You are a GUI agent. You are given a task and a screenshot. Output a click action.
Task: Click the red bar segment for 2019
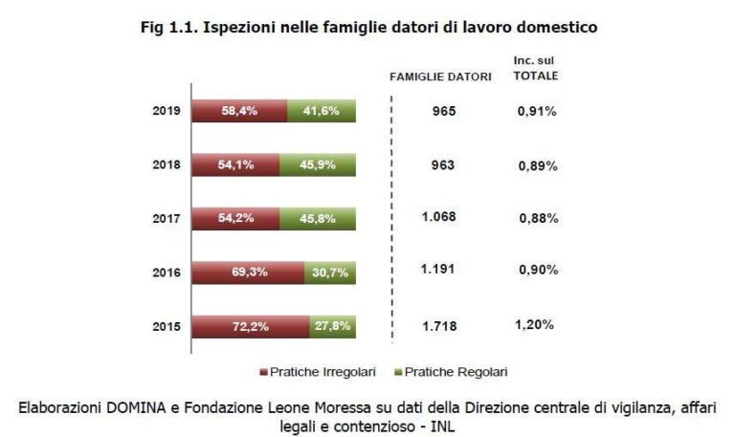[239, 111]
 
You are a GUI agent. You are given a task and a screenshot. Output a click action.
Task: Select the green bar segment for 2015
[333, 326]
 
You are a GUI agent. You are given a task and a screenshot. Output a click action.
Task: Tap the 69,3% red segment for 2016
[249, 273]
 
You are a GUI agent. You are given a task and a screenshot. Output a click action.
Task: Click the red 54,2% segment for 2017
[235, 218]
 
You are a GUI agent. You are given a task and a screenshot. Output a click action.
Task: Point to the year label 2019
[166, 111]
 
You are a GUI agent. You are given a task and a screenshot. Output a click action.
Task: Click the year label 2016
[166, 273]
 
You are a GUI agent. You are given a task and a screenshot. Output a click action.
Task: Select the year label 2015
[166, 326]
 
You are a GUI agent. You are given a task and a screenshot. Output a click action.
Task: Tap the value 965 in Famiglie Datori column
[443, 111]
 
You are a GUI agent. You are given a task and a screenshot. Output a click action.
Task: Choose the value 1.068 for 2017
[439, 217]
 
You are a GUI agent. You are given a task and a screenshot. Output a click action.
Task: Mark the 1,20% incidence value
[535, 325]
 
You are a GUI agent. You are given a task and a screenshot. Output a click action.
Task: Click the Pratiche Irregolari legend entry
[322, 371]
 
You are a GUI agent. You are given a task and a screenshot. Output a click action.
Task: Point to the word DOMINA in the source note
[133, 407]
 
